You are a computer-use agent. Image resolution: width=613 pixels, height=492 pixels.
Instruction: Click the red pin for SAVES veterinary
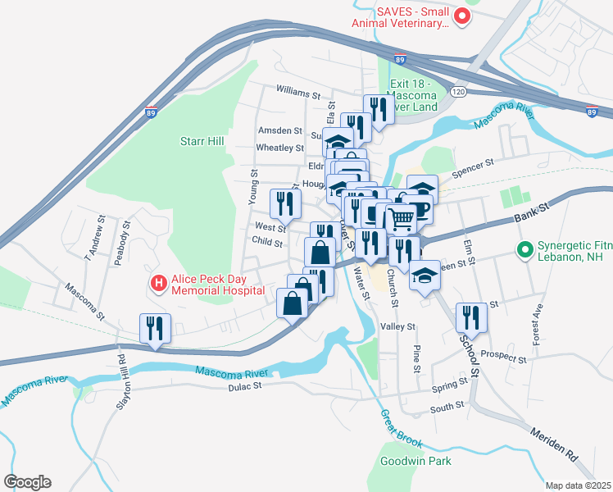click(462, 16)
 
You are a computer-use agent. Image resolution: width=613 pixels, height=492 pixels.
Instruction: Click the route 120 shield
click(458, 92)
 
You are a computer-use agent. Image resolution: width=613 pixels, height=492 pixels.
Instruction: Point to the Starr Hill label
click(202, 141)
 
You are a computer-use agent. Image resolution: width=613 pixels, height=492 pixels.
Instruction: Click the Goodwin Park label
click(415, 461)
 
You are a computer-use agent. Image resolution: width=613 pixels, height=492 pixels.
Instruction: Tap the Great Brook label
click(402, 429)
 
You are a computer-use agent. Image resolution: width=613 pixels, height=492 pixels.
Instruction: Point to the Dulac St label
click(244, 385)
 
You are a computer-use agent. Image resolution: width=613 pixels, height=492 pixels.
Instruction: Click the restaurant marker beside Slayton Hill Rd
click(155, 328)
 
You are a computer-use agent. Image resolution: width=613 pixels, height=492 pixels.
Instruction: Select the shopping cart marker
click(401, 219)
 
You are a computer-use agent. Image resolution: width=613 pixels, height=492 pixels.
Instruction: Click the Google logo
click(27, 482)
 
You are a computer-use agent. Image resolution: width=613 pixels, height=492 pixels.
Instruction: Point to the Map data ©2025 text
click(578, 485)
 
